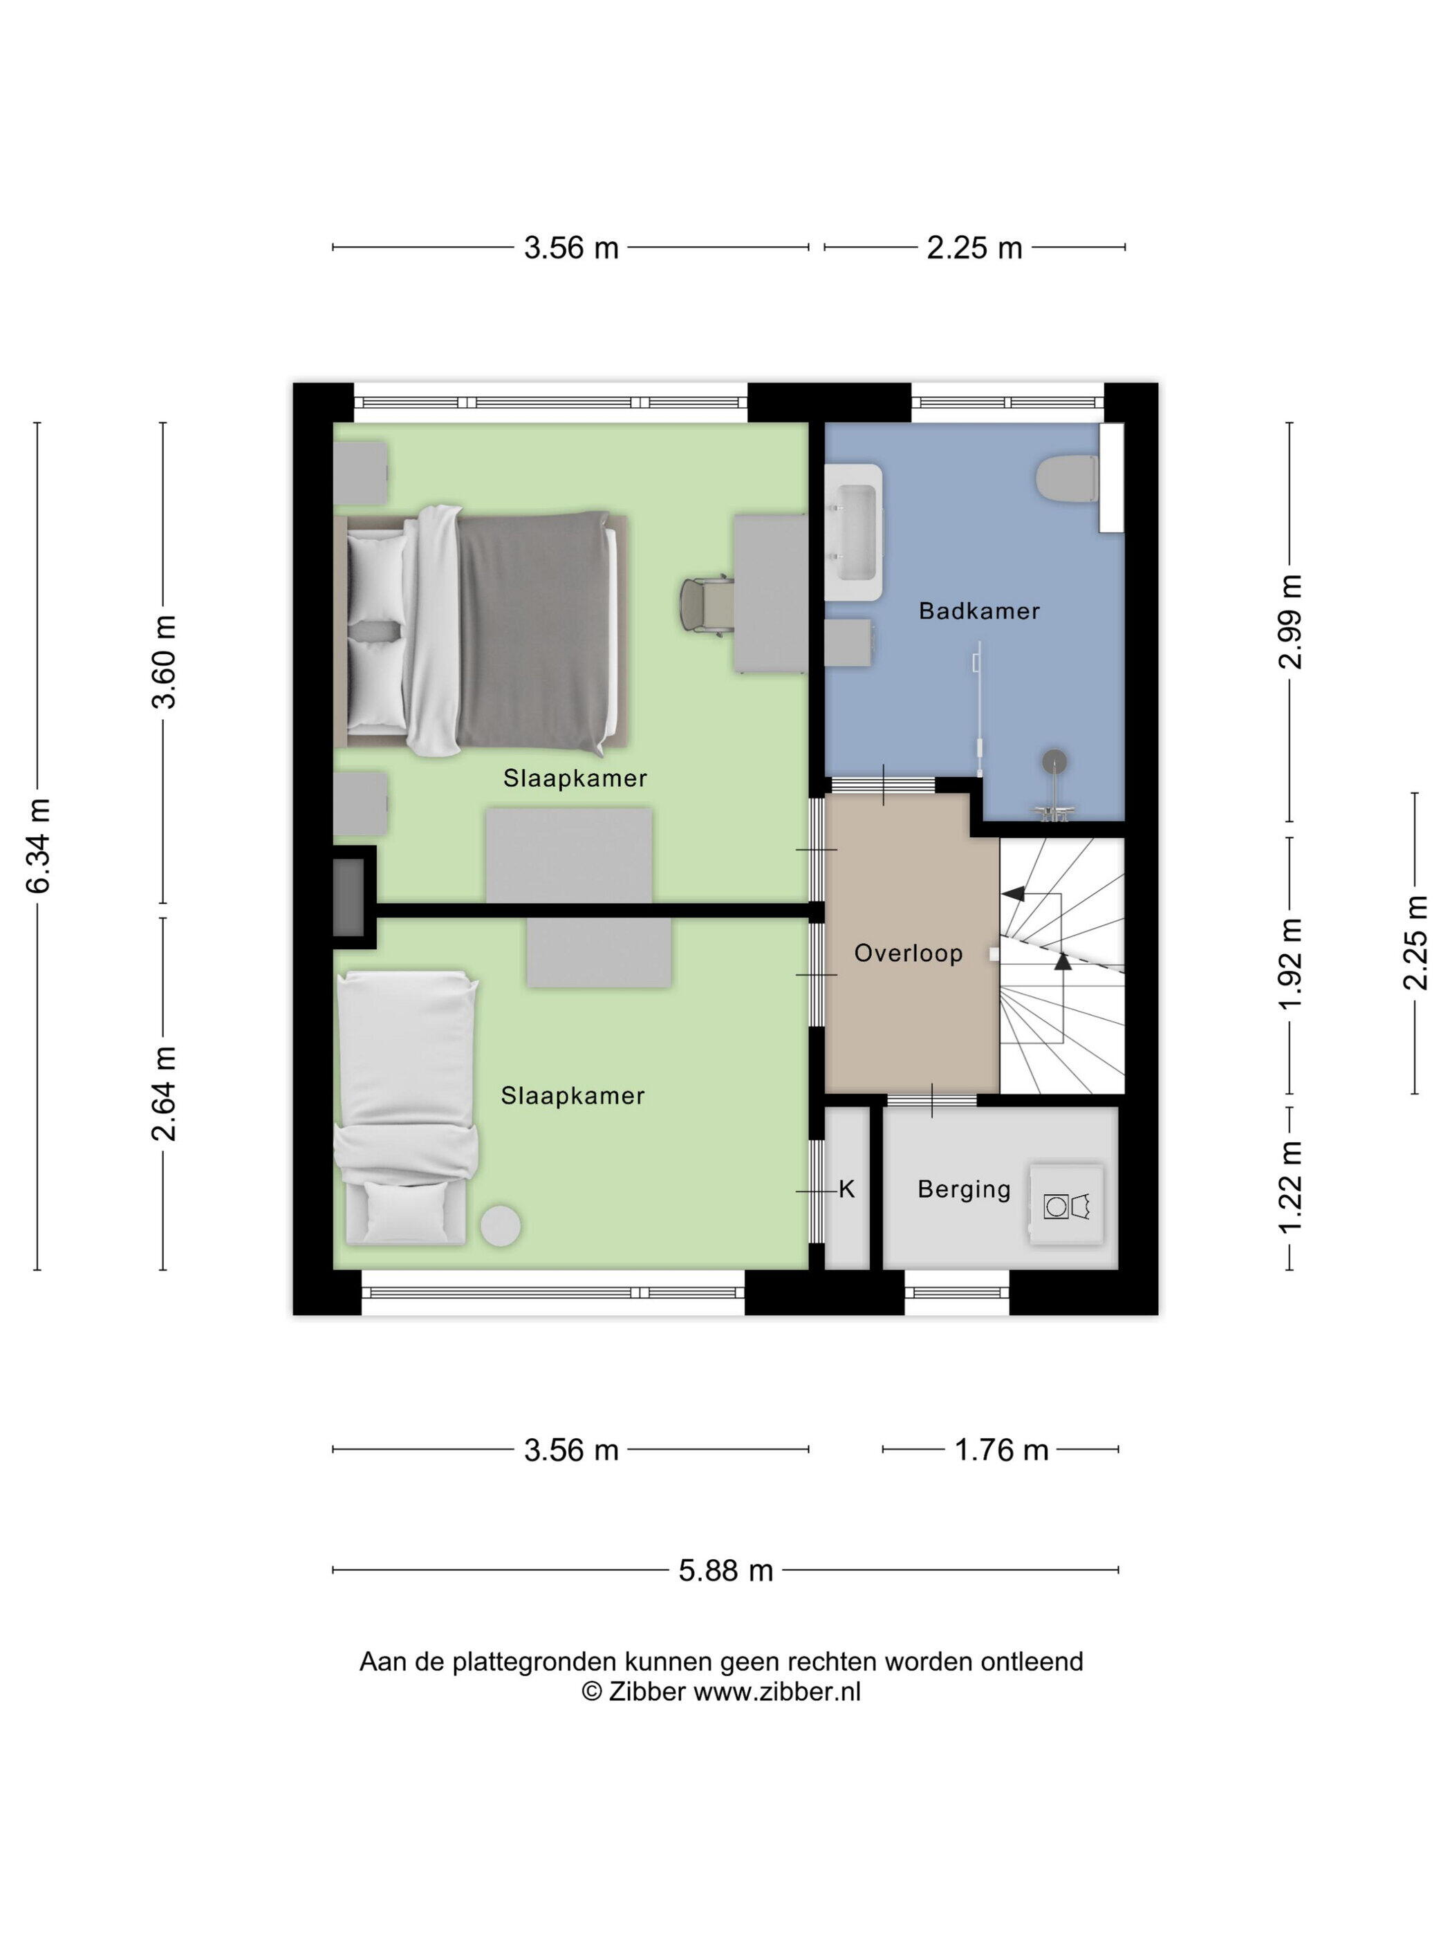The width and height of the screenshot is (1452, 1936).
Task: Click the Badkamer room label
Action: coord(978,611)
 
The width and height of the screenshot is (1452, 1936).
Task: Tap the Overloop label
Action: coord(908,953)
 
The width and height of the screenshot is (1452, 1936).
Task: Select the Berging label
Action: coord(964,1189)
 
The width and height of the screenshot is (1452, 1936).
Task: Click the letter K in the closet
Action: coord(846,1189)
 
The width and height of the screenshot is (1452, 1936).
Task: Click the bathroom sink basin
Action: coord(853,532)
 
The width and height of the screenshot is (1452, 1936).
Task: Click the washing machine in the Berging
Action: coord(1066,1206)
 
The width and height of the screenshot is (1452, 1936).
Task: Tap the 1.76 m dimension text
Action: coord(1000,1450)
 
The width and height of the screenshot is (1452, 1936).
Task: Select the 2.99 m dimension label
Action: coord(1290,622)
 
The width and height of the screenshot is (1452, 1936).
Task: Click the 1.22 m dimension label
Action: coord(1290,1188)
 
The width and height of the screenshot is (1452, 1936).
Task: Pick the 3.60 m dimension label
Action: coord(164,662)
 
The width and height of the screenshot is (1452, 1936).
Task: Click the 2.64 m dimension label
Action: coord(164,1093)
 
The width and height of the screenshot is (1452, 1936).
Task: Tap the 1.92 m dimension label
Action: coord(1290,965)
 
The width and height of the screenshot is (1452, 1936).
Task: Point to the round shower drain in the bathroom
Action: coord(1054,761)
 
